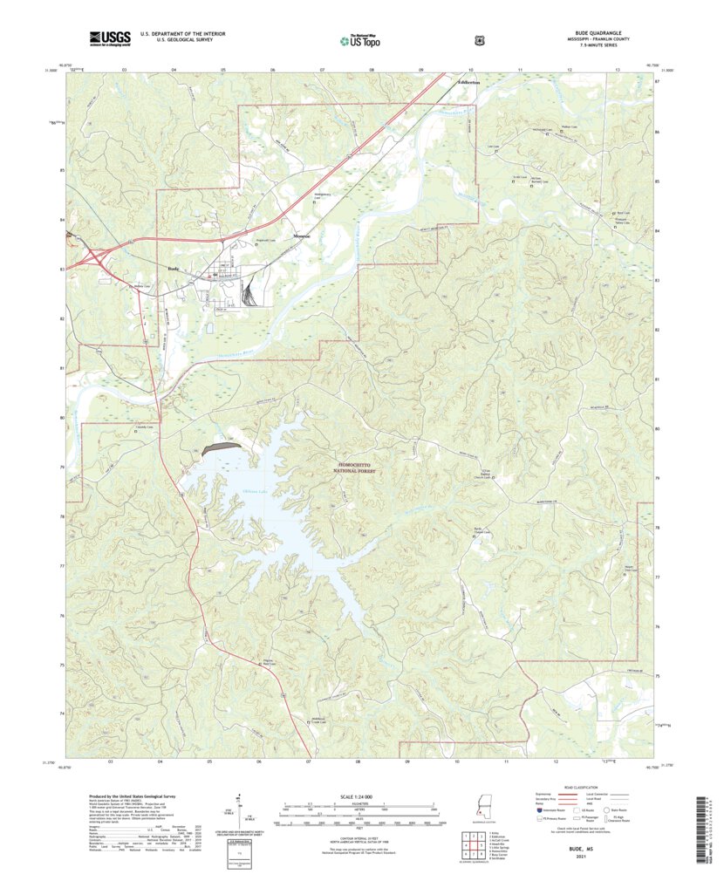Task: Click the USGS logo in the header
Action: pyautogui.click(x=109, y=38)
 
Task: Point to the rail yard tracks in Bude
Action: pyautogui.click(x=249, y=292)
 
